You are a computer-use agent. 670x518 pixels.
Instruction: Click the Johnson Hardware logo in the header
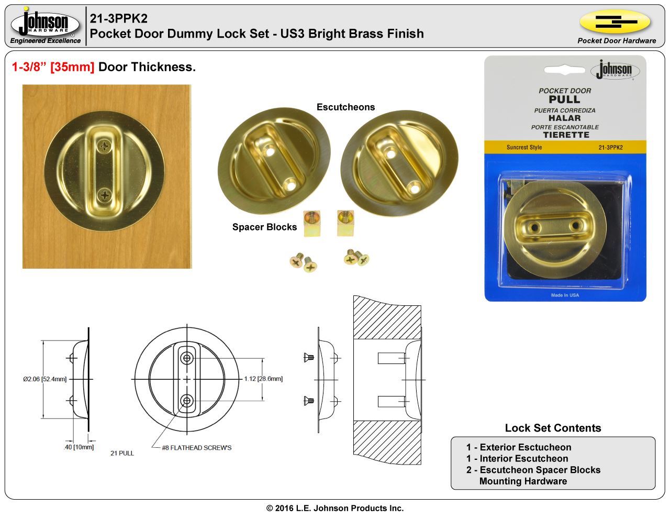click(45, 24)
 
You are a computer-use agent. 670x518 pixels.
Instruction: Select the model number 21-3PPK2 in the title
click(119, 18)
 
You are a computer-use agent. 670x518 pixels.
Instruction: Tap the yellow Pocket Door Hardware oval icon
click(615, 21)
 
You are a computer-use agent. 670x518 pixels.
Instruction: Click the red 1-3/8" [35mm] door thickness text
click(53, 67)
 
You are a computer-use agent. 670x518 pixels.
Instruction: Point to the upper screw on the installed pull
click(105, 146)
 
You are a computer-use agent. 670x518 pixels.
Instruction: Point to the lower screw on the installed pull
click(105, 195)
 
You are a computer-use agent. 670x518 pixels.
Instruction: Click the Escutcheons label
click(345, 107)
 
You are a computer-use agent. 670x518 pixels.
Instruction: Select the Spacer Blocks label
click(264, 227)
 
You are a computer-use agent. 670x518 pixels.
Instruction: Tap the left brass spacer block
click(312, 223)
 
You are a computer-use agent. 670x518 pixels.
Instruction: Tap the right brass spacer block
click(345, 223)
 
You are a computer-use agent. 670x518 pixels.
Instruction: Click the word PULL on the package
click(564, 100)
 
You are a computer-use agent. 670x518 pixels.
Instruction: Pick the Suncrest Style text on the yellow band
click(524, 147)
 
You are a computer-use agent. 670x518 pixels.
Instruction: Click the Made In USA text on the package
click(565, 295)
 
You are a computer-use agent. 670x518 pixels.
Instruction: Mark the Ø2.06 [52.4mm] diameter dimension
click(44, 379)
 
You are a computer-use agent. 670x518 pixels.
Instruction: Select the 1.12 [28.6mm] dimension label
click(263, 379)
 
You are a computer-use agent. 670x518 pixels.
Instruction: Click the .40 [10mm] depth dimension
click(79, 447)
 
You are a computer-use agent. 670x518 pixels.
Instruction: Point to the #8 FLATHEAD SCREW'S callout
click(197, 448)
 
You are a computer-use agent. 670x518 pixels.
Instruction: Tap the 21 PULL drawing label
click(122, 453)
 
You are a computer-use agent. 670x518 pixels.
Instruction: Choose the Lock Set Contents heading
click(553, 428)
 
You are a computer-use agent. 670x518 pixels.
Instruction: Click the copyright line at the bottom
click(335, 508)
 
